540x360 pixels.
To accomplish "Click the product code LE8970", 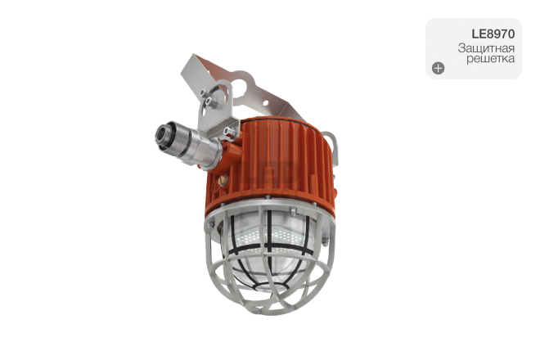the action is click(493, 34).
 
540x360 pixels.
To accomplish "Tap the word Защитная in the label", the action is click(486, 48).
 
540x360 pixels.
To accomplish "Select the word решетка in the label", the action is click(490, 59).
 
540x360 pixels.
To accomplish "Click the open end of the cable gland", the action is click(162, 133).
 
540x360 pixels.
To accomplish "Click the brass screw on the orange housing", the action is click(222, 180).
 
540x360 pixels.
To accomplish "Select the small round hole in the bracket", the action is click(266, 102).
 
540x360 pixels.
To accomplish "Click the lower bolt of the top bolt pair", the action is click(209, 101).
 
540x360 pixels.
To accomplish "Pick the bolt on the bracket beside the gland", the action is click(228, 132).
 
